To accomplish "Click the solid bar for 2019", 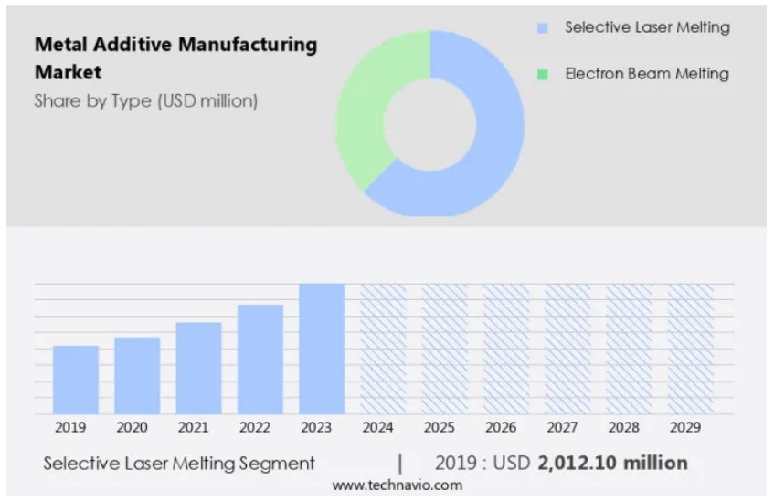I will point(75,380).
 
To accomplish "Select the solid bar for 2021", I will point(198,368).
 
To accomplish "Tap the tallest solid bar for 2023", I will point(322,349).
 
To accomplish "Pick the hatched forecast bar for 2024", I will point(383,349).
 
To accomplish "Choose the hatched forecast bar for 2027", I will point(567,349).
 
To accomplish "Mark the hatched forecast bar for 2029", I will point(690,349).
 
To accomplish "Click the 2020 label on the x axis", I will point(132,427).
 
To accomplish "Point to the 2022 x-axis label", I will point(255,427).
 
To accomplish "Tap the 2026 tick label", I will point(501,427).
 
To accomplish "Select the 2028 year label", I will point(623,427).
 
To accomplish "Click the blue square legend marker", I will point(543,28).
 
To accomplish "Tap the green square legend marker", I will point(543,75).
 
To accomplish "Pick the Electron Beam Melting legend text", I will point(647,74).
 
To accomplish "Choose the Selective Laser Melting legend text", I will point(647,27).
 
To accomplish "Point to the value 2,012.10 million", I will point(612,463).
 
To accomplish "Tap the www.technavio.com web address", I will point(397,485).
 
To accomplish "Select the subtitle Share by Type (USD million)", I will point(146,101).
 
